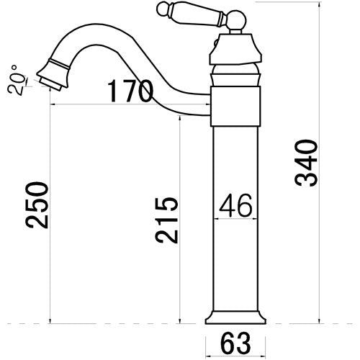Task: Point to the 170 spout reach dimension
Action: coord(130,92)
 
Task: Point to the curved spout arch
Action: coord(108,36)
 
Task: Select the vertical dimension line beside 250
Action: coord(51,216)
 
